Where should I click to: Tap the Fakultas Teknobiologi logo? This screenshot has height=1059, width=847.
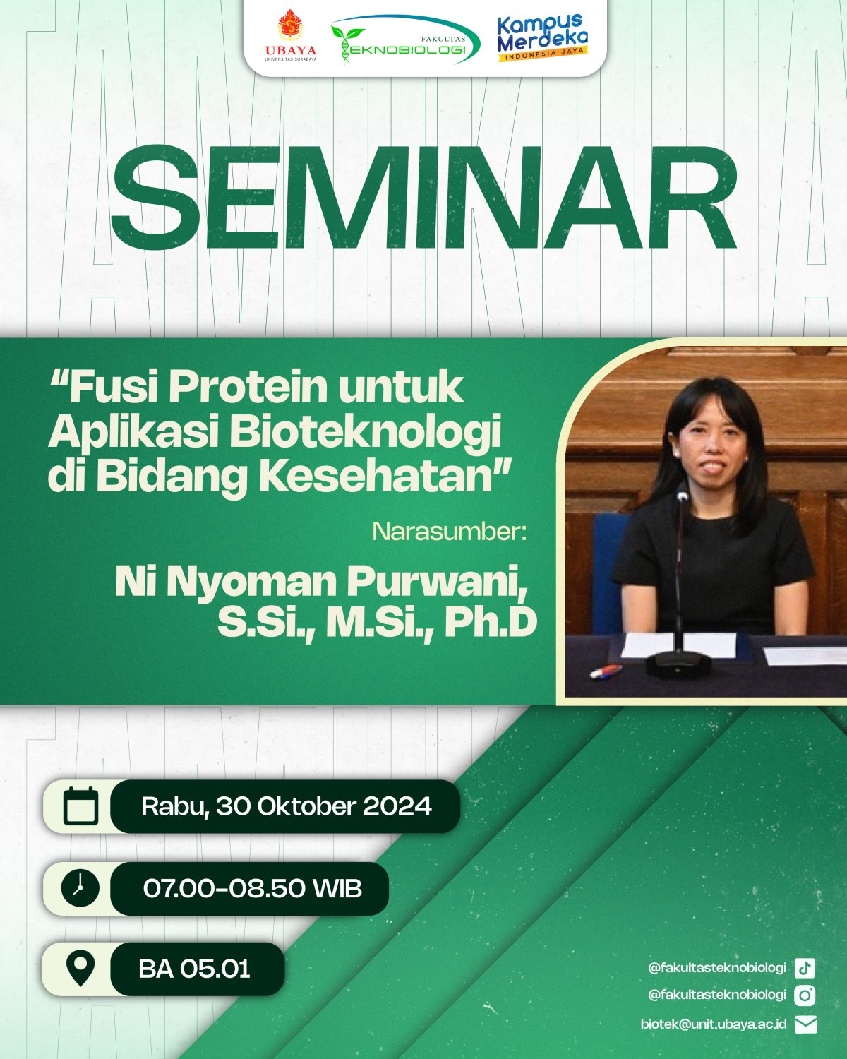point(404,40)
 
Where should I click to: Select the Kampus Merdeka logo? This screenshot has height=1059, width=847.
point(542,38)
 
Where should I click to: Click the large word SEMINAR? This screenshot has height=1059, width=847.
point(423,197)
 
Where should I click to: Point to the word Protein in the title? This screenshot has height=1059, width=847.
point(248,388)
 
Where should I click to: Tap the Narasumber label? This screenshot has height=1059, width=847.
point(450,532)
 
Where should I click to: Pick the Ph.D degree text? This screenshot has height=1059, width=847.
point(491,623)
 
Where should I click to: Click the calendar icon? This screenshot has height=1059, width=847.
point(80,806)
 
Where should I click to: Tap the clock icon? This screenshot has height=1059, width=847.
point(80,888)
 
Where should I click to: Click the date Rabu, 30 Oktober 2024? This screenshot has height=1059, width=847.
point(287,806)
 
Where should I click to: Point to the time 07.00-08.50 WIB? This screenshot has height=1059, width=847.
point(253,889)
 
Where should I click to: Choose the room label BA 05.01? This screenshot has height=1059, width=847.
point(194,969)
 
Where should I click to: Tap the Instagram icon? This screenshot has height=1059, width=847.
point(805,996)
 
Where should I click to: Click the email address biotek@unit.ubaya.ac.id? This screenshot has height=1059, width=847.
point(713,1024)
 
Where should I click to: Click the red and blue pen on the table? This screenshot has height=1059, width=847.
point(606,671)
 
